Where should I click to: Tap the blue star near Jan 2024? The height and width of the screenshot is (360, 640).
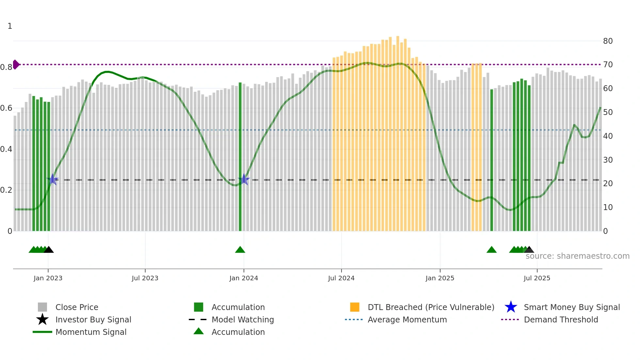tap(244, 179)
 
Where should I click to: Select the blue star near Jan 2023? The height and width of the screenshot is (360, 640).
tap(53, 179)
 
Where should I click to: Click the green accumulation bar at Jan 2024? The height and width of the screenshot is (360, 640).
tap(240, 157)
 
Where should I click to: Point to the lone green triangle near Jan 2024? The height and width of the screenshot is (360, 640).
tap(240, 250)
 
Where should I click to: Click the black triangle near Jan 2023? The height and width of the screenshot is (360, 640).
tap(49, 250)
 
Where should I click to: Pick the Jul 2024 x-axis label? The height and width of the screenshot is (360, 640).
tap(341, 278)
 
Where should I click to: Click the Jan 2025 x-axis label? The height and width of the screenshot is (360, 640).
tap(440, 278)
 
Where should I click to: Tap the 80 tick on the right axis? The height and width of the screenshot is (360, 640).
tap(608, 41)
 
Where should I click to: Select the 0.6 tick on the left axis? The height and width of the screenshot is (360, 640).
tap(6, 108)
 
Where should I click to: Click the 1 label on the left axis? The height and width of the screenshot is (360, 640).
tap(10, 26)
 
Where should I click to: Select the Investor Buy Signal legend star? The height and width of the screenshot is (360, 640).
tap(42, 319)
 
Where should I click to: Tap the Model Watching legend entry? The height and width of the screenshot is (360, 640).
tap(242, 319)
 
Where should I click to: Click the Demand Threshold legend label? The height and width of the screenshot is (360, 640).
tap(561, 319)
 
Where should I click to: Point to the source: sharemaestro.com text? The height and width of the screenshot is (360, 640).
tap(577, 256)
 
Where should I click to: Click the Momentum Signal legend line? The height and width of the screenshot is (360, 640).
tap(42, 332)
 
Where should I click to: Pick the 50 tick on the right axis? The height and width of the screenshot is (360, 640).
tap(608, 112)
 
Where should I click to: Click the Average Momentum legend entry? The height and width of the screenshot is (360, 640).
tap(407, 319)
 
